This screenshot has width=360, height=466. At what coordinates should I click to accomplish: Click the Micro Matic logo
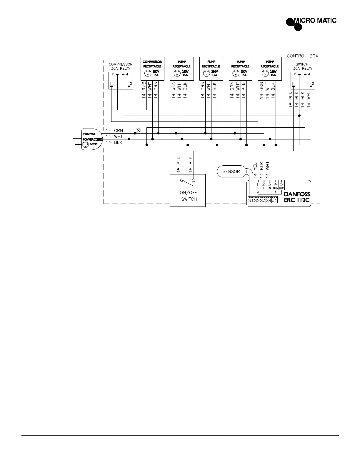click(x=311, y=22)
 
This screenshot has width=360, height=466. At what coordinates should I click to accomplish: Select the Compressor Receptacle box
click(x=152, y=68)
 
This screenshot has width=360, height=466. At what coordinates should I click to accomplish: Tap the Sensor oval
click(x=231, y=172)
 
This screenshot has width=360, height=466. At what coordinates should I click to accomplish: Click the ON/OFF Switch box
click(x=188, y=190)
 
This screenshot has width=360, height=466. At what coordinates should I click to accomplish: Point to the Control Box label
click(x=302, y=56)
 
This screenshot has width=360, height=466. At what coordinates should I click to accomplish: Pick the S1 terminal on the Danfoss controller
click(x=251, y=201)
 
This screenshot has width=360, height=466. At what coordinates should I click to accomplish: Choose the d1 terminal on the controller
click(x=274, y=201)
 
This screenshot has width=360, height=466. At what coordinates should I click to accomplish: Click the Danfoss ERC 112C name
click(x=297, y=197)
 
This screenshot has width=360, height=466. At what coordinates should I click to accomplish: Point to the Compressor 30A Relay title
click(x=121, y=66)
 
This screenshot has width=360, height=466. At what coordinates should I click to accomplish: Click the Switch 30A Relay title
click(x=302, y=66)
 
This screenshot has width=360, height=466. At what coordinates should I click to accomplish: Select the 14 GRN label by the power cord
click(x=114, y=130)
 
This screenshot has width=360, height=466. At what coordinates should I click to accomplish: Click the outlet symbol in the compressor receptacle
click(x=147, y=74)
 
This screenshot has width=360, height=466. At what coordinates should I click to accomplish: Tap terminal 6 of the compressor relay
click(x=117, y=74)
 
